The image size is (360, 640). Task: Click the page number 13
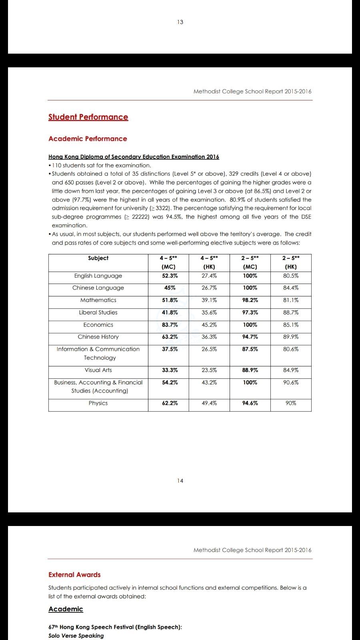click(180, 22)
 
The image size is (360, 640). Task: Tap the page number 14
click(180, 481)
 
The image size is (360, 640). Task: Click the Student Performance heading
click(88, 117)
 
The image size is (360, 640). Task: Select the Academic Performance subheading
click(88, 139)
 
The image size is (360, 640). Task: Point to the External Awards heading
click(74, 575)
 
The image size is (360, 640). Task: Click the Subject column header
click(98, 258)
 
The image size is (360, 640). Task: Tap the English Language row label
click(98, 276)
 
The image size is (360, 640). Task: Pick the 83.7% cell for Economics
click(170, 325)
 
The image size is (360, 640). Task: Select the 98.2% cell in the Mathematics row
click(250, 300)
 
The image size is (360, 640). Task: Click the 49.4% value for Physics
click(209, 403)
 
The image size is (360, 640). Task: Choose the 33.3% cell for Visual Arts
click(170, 370)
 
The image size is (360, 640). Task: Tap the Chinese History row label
click(98, 337)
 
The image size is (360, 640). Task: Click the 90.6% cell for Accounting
click(291, 383)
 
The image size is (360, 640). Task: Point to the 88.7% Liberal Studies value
click(291, 312)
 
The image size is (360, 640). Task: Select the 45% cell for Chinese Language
click(170, 288)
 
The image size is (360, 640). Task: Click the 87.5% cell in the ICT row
click(250, 349)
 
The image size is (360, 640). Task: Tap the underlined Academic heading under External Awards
click(66, 609)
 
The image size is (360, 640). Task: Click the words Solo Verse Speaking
click(76, 636)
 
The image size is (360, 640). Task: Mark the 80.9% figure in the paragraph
click(238, 200)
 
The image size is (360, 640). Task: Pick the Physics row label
click(98, 403)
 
